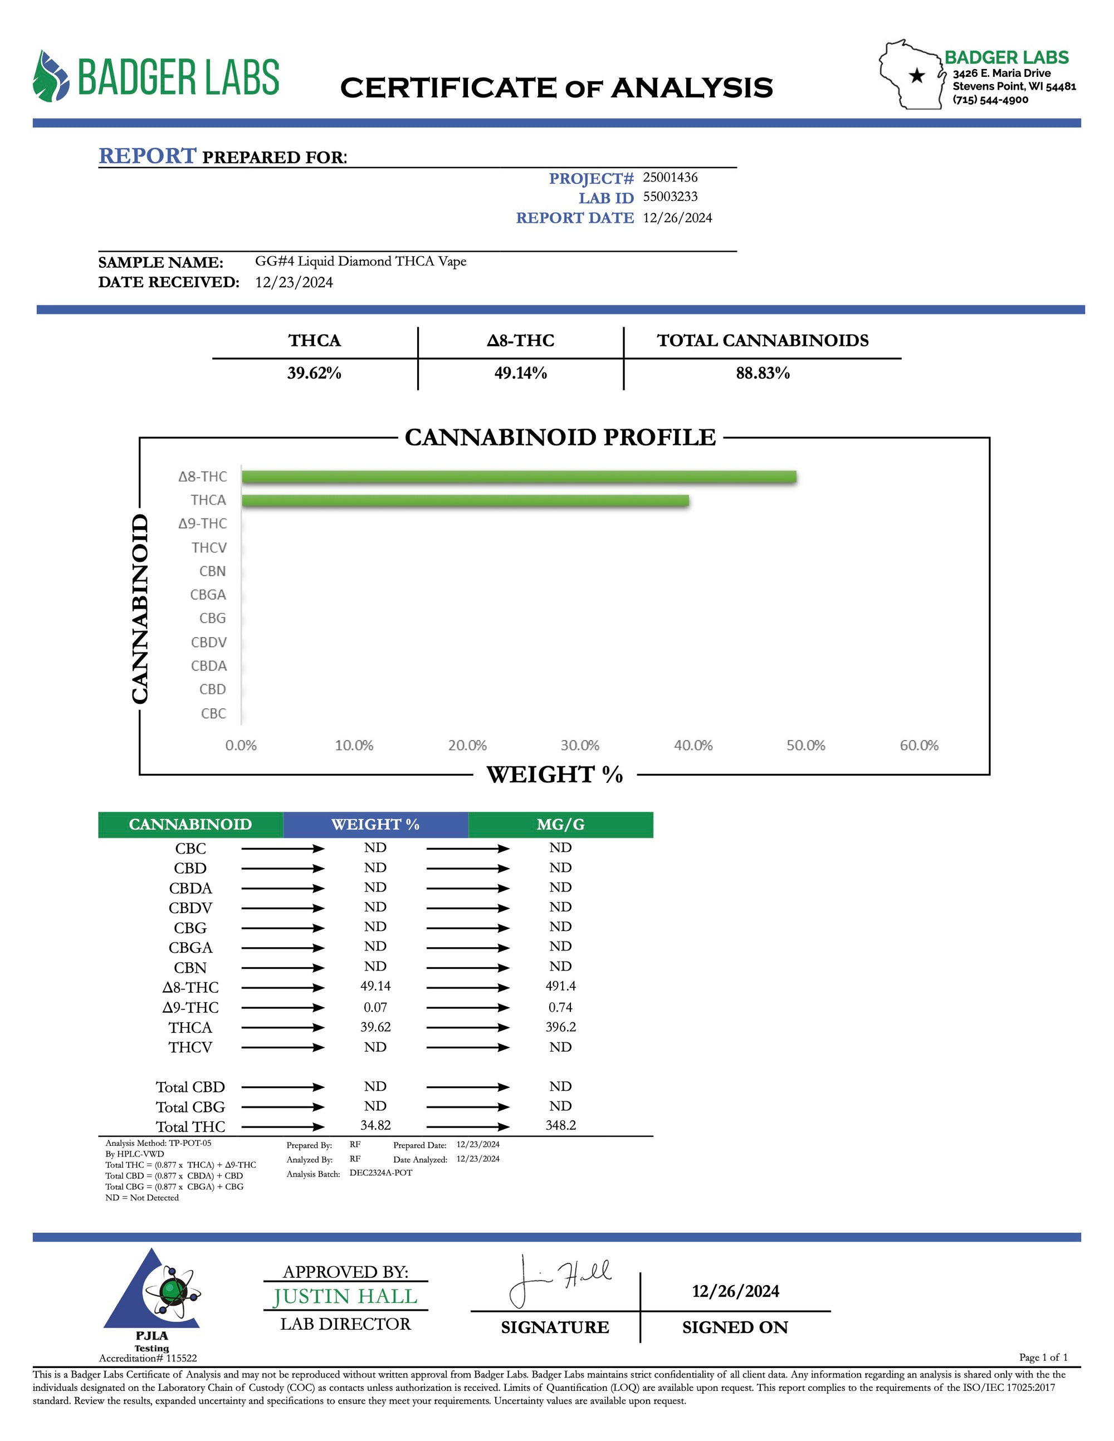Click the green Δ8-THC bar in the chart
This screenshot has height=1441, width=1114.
click(519, 477)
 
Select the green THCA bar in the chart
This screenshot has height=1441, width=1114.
click(465, 501)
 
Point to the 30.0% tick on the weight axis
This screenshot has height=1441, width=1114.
click(580, 746)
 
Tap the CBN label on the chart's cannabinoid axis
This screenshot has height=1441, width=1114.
click(213, 571)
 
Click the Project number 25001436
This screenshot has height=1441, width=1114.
click(670, 178)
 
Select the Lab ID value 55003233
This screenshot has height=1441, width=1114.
click(670, 197)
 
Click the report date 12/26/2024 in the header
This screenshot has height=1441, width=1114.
click(677, 218)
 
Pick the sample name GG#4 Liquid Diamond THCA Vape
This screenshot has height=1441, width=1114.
click(360, 261)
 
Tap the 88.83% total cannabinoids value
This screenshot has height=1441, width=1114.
click(763, 374)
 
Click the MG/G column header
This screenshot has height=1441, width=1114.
click(560, 825)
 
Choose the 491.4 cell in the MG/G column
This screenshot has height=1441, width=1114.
click(560, 987)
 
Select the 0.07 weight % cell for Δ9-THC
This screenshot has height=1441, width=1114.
click(375, 1007)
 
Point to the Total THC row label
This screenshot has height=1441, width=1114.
click(190, 1127)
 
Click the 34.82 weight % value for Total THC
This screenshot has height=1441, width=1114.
click(375, 1126)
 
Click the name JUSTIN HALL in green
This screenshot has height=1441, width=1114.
click(345, 1297)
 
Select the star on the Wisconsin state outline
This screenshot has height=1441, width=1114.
click(917, 76)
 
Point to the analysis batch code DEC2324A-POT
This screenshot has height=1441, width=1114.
click(381, 1173)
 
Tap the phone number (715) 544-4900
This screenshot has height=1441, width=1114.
click(990, 100)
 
